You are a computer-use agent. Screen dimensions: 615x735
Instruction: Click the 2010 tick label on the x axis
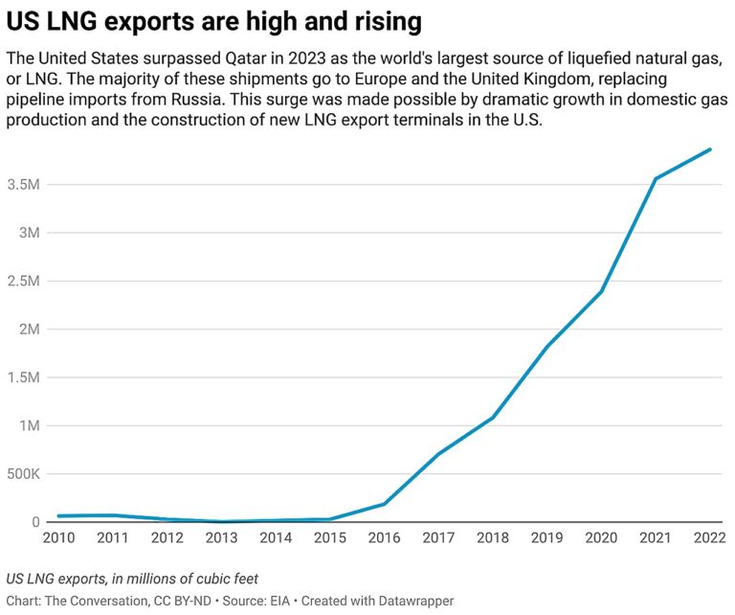click(58, 538)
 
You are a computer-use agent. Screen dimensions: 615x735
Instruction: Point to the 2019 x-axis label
click(546, 538)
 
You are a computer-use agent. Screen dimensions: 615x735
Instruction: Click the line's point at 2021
click(656, 179)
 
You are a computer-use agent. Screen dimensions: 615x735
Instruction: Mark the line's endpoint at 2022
click(709, 149)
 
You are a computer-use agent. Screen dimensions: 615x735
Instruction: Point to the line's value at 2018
click(493, 418)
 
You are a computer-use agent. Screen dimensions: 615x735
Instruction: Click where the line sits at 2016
click(384, 504)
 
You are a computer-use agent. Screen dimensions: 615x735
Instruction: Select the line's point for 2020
click(601, 291)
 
